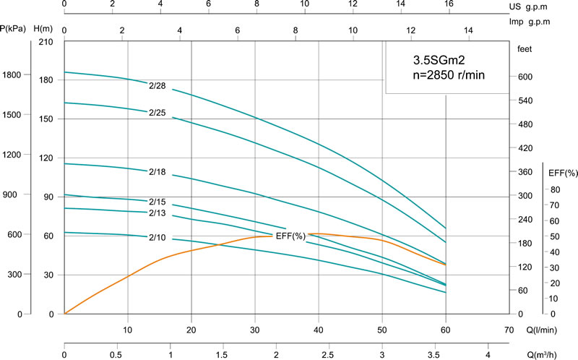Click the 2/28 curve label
pyautogui.click(x=158, y=85)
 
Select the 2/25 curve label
pyautogui.click(x=158, y=113)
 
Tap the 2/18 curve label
pyautogui.click(x=158, y=172)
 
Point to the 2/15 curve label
pyautogui.click(x=158, y=202)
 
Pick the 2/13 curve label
pyautogui.click(x=158, y=213)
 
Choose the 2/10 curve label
pyautogui.click(x=158, y=237)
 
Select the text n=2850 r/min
pyautogui.click(x=447, y=75)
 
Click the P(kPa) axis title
pyautogui.click(x=14, y=29)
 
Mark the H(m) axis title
pyautogui.click(x=45, y=29)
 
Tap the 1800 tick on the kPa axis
pyautogui.click(x=12, y=75)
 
